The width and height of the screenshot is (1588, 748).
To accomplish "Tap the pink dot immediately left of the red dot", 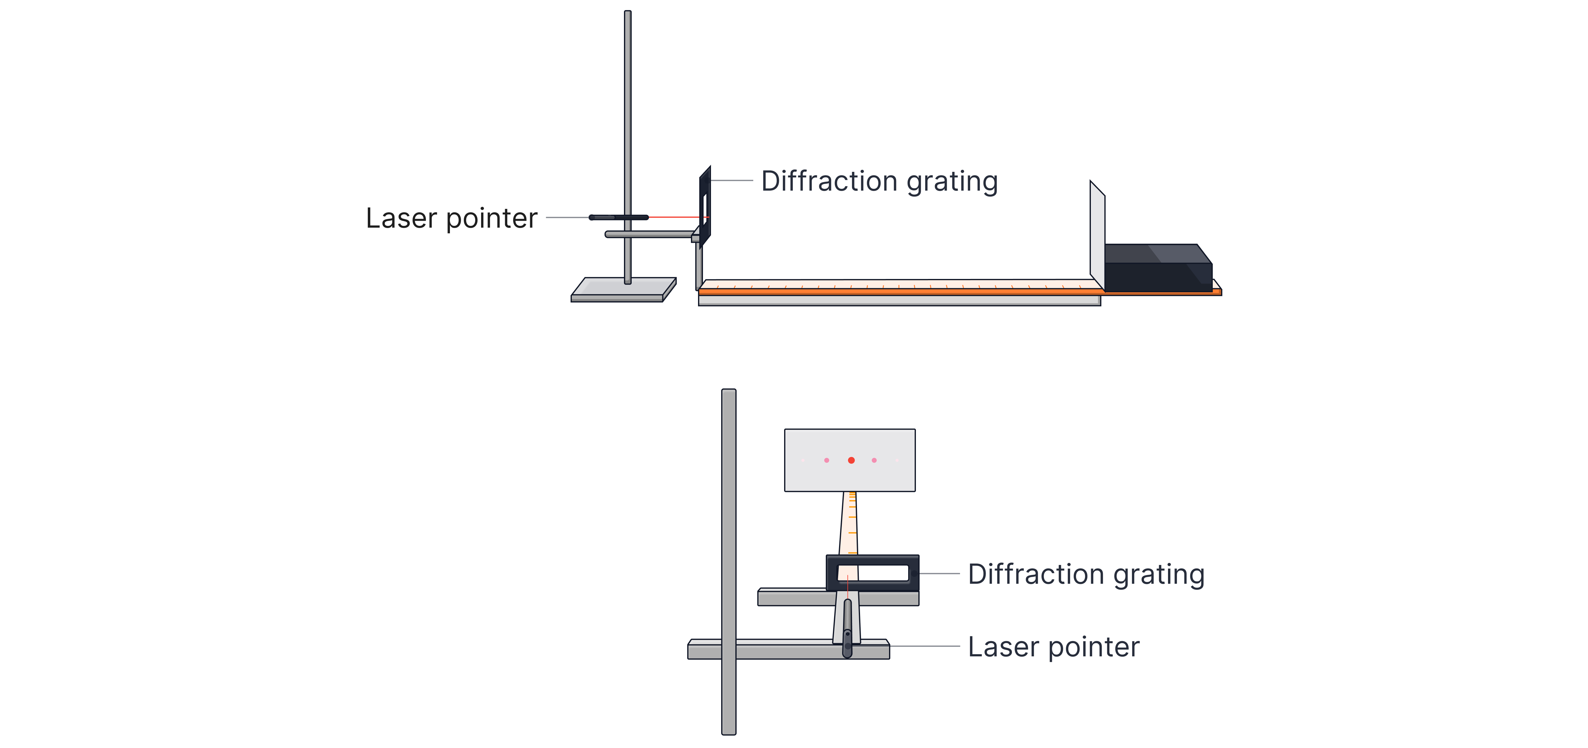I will [x=827, y=460].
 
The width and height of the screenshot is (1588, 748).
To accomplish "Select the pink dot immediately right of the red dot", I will [x=874, y=460].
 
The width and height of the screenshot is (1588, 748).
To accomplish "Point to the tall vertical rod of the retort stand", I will [x=628, y=123].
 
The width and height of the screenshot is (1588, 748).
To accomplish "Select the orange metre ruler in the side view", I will [x=894, y=287].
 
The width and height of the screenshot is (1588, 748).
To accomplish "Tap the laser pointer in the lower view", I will [x=848, y=629].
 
